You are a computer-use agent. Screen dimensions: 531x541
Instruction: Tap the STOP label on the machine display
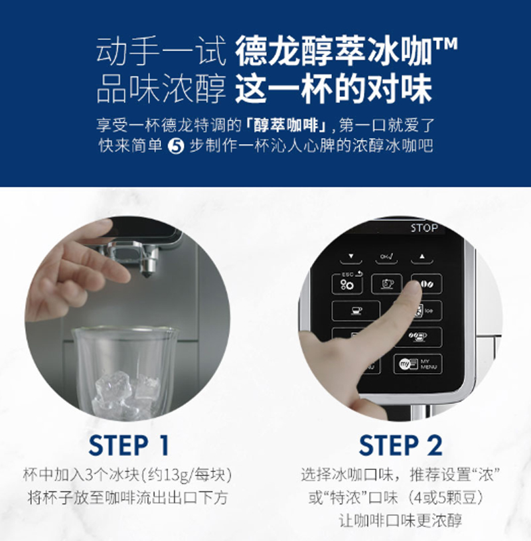(x=424, y=228)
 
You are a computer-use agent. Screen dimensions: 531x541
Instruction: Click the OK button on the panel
(x=386, y=257)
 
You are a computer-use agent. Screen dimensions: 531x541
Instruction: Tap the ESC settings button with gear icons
(x=347, y=283)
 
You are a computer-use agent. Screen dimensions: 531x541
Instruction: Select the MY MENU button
(x=417, y=364)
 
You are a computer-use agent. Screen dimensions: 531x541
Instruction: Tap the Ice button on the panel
(x=428, y=311)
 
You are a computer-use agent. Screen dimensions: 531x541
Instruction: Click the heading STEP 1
(x=129, y=445)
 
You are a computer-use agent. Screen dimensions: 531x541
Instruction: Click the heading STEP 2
(x=401, y=445)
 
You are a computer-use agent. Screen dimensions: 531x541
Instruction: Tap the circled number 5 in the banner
(x=176, y=146)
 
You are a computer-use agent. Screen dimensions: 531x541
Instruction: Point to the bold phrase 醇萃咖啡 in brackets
(x=286, y=125)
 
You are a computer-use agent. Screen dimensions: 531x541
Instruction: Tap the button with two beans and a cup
(x=418, y=337)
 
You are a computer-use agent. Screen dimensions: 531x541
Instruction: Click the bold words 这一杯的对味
(x=334, y=89)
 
